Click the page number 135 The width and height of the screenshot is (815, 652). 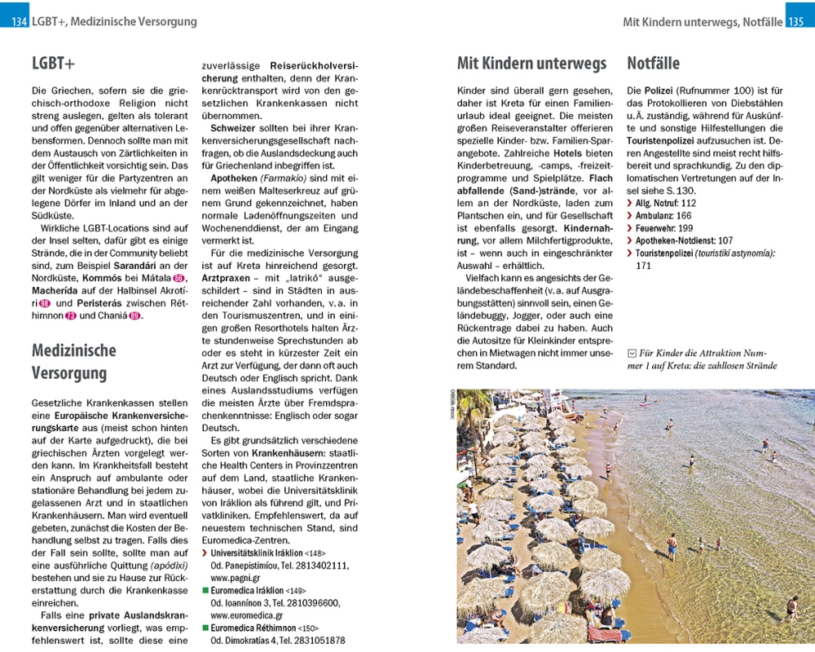tap(796, 22)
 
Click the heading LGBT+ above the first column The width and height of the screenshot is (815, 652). tap(53, 64)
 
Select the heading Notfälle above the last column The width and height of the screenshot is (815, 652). tap(653, 64)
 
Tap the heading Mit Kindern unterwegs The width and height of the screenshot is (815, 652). tap(531, 64)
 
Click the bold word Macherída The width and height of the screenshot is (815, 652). tap(59, 291)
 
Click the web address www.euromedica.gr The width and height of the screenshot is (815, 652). tap(248, 616)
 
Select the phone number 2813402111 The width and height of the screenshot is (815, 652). tap(324, 566)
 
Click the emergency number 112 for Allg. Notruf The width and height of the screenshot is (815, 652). tap(688, 203)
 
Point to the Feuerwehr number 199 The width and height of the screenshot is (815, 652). tap(686, 228)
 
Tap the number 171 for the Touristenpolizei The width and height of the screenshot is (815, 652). tap(644, 266)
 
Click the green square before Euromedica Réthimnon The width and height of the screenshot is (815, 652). tap(205, 628)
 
